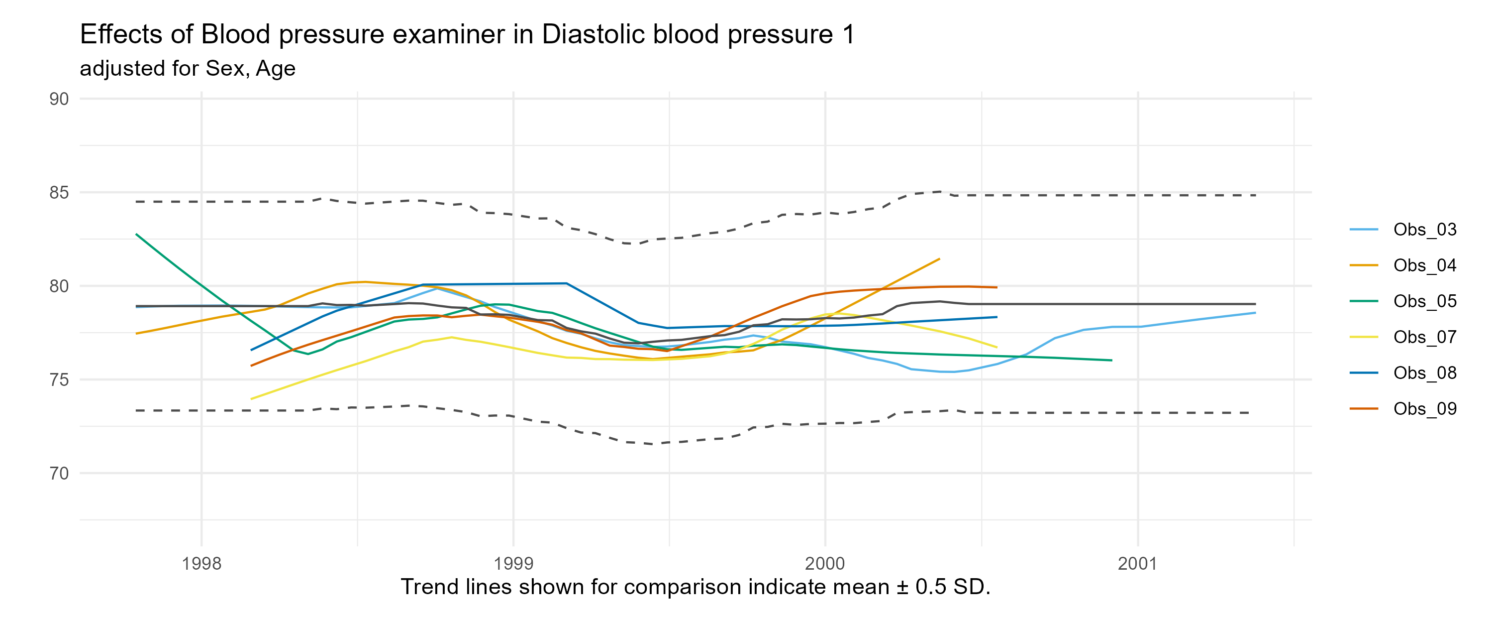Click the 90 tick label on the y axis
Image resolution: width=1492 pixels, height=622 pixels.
[59, 99]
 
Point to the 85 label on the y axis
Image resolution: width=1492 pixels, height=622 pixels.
[59, 192]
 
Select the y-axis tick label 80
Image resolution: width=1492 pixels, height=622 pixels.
[59, 286]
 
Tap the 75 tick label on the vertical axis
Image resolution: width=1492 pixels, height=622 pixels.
[59, 379]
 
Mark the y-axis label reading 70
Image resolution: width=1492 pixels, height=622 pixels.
[59, 474]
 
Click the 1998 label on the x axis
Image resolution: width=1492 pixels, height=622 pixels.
[201, 563]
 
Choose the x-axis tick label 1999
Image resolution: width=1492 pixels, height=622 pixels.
[513, 563]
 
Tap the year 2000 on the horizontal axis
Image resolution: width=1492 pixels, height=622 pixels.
[825, 563]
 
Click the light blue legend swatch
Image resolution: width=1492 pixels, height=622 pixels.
[1364, 230]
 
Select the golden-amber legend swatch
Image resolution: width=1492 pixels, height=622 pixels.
[1364, 265]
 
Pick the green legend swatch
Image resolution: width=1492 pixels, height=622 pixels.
[1364, 301]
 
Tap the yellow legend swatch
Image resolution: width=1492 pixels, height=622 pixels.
[1364, 337]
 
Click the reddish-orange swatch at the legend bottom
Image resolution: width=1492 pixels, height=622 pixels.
[1364, 409]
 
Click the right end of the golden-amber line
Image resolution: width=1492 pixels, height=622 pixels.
[939, 258]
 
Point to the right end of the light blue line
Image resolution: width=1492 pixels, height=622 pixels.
[1255, 312]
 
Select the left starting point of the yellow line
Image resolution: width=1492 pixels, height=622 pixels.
[251, 399]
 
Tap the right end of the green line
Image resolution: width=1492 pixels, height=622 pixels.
[1111, 360]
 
